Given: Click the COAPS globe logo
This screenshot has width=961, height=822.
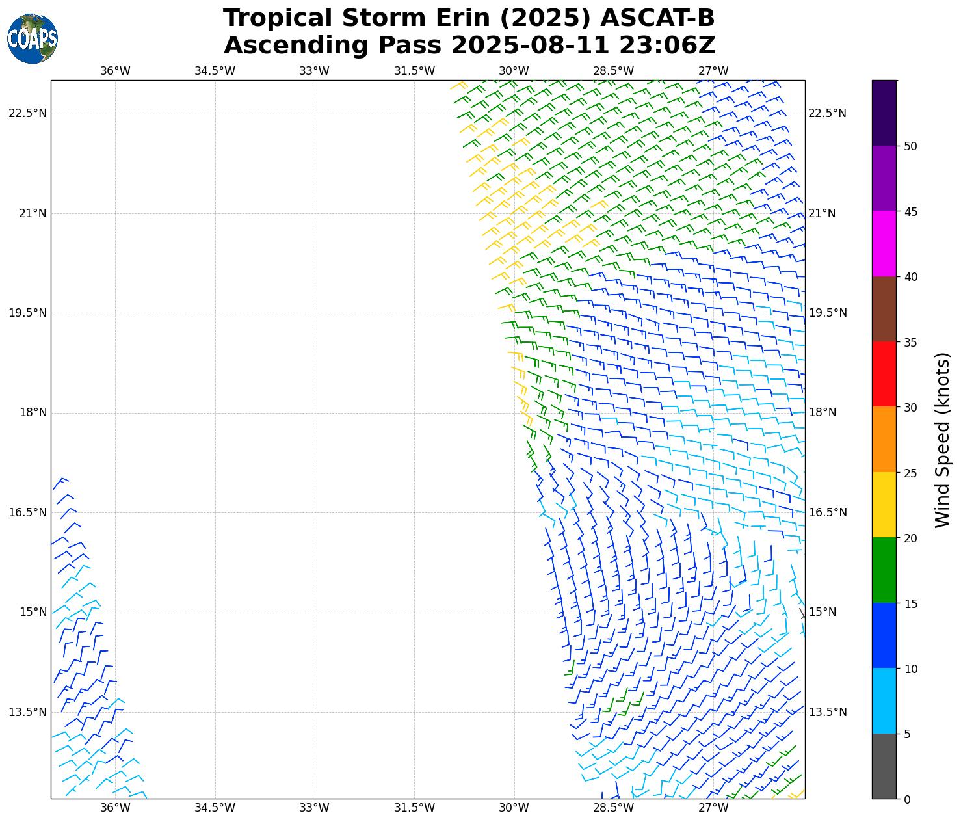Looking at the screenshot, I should click(x=33, y=39).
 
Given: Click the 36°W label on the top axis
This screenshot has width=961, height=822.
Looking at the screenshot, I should click(x=115, y=71).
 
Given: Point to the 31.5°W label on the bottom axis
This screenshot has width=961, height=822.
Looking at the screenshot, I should click(x=414, y=808).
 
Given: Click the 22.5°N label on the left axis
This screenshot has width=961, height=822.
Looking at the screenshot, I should click(x=27, y=114).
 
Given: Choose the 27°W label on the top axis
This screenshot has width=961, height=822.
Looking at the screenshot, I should click(x=713, y=71).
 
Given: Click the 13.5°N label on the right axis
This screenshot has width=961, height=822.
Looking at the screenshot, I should click(x=828, y=712).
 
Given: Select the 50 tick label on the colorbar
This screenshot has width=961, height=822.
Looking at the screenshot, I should click(x=910, y=146).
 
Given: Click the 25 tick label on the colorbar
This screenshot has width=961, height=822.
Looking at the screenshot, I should click(x=910, y=473).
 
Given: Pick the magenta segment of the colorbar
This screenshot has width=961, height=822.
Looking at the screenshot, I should click(x=884, y=243).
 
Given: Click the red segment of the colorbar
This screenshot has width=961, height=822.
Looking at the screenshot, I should click(x=884, y=374).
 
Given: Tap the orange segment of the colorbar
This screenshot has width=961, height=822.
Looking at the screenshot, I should click(x=884, y=440).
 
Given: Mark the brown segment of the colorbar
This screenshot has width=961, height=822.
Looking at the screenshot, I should click(x=884, y=309).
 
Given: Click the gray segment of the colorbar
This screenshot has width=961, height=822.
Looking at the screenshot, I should click(x=884, y=766).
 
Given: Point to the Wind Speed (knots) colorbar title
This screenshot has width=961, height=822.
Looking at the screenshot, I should click(x=942, y=440).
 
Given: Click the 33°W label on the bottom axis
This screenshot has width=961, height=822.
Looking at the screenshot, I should click(x=314, y=808).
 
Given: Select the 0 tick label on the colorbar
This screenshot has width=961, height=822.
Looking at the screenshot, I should click(x=907, y=799).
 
